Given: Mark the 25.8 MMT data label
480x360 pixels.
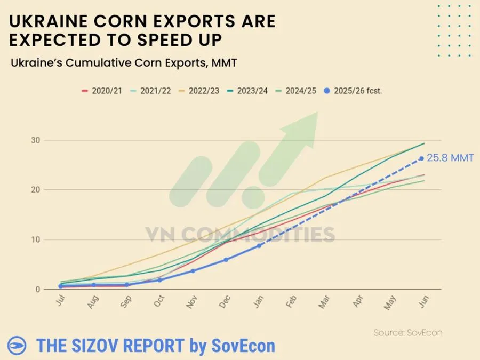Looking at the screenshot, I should click(450, 158).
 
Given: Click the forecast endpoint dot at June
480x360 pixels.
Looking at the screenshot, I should click(421, 158).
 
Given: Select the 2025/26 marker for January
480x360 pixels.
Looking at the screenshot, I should click(259, 245).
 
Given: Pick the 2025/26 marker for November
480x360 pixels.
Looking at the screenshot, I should click(193, 271).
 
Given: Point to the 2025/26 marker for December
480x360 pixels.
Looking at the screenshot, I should click(226, 260).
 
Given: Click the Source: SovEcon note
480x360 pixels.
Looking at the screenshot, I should click(407, 332).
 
